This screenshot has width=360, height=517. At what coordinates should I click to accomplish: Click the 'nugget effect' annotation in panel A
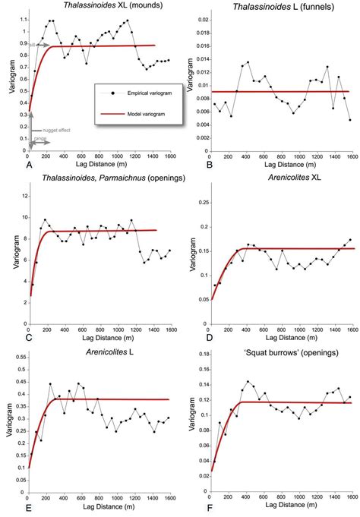pyautogui.click(x=47, y=131)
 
